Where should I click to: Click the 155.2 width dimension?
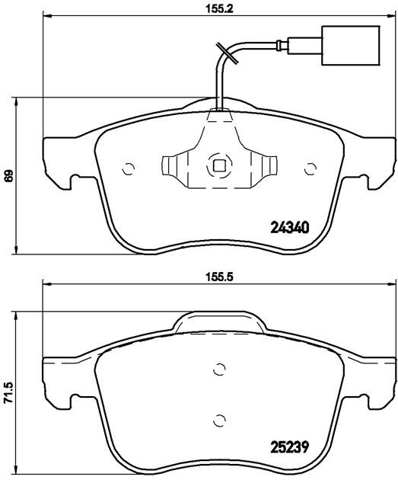click(219, 8)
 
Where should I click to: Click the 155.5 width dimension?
click(219, 277)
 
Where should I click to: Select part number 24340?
click(290, 228)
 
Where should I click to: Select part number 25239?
click(290, 447)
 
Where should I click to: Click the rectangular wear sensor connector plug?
click(351, 45)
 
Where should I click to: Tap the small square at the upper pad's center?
click(219, 166)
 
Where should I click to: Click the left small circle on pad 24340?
click(128, 168)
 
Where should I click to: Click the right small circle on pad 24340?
click(310, 168)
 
